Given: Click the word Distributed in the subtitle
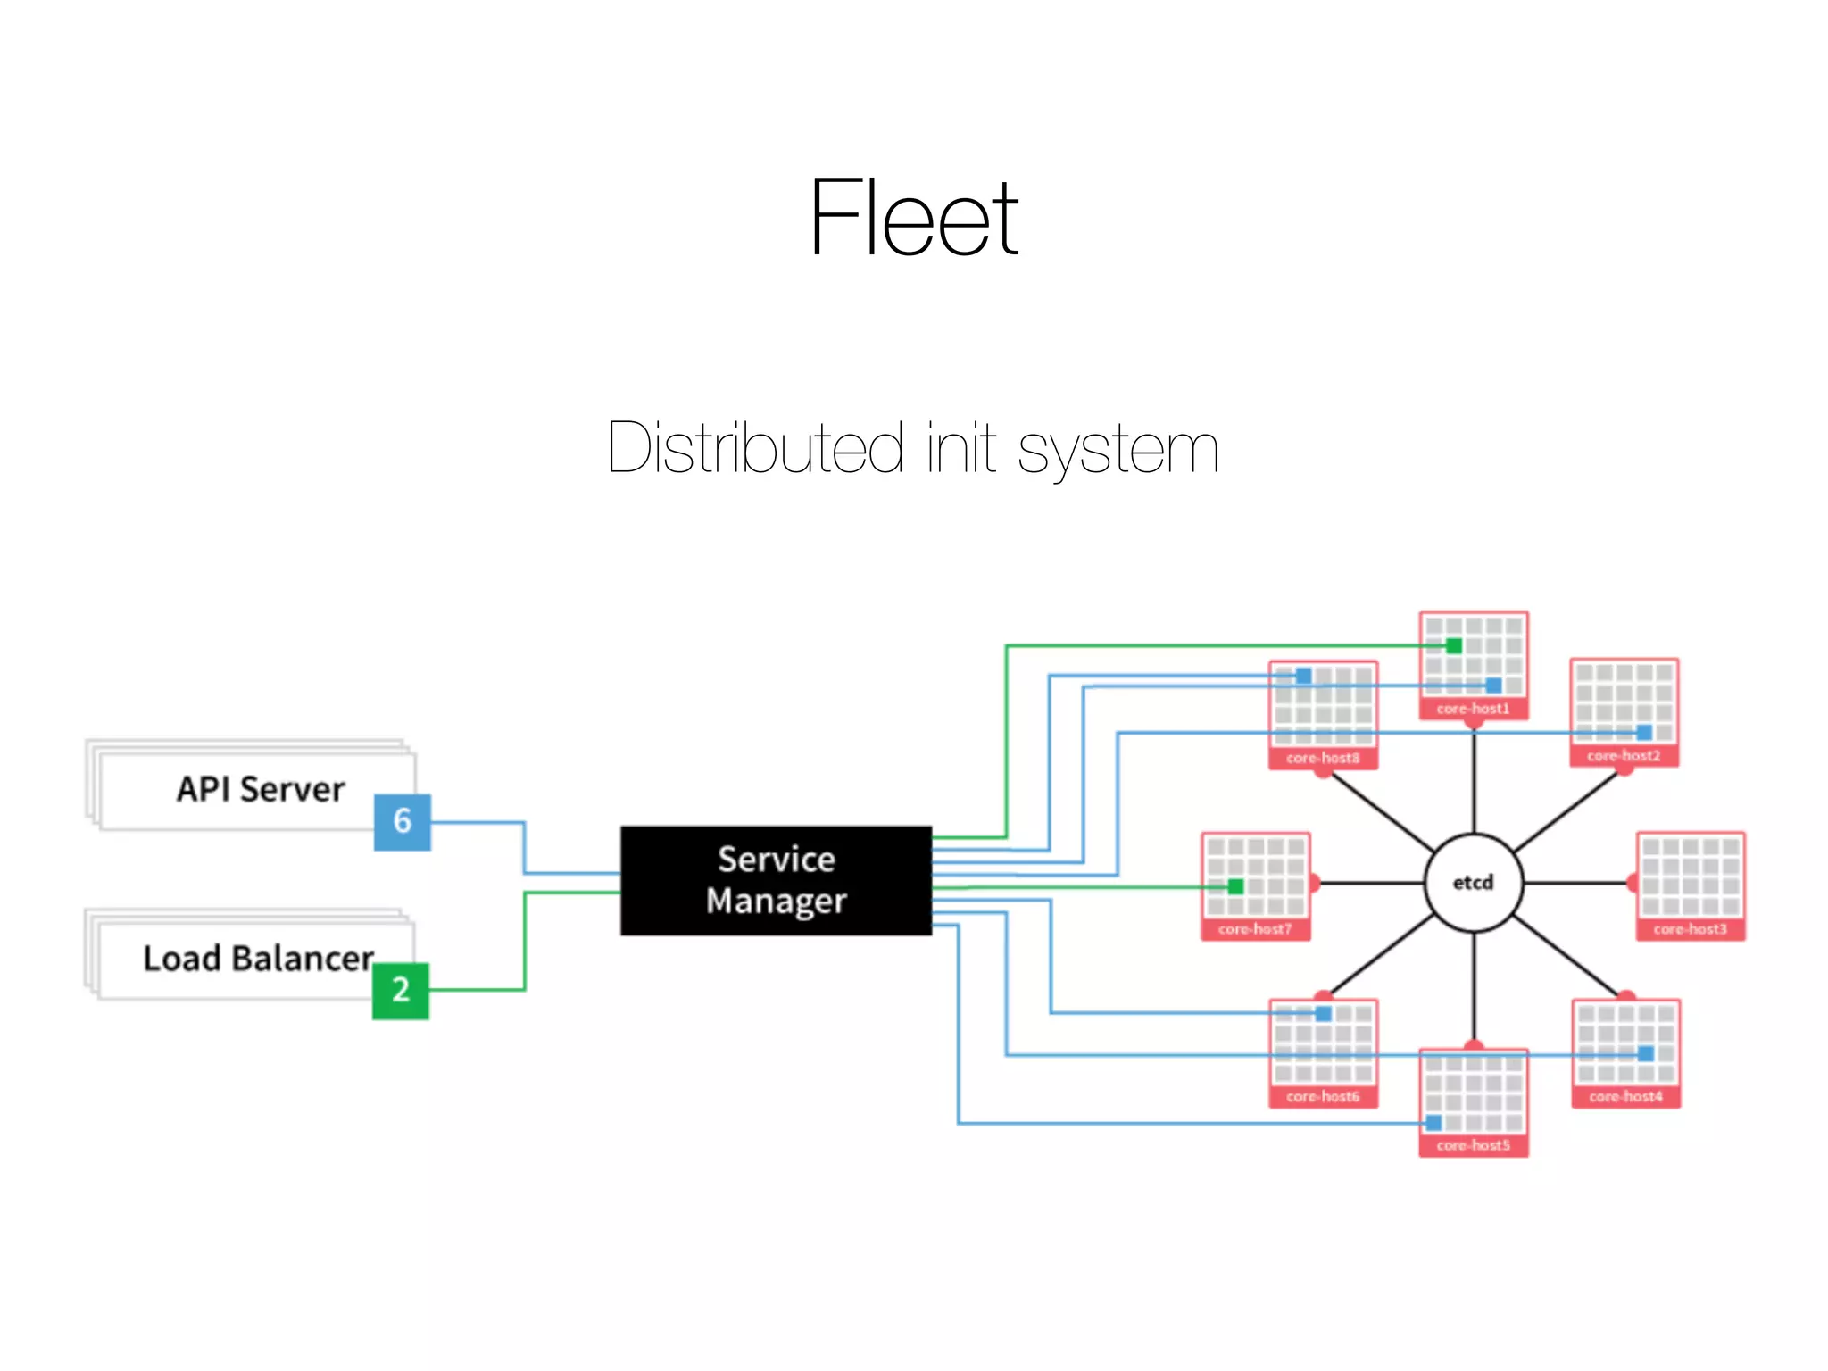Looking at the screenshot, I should click(x=755, y=447).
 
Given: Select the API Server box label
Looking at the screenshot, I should click(x=260, y=789).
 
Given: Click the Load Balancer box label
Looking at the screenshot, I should click(x=258, y=959).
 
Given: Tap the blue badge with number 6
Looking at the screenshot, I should click(x=403, y=821).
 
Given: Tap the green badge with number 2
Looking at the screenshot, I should click(x=401, y=990).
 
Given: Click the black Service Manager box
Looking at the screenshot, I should click(x=776, y=880).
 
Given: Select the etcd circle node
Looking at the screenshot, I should click(x=1473, y=883).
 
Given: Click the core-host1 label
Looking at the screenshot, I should click(x=1473, y=709).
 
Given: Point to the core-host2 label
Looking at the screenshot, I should click(x=1624, y=756).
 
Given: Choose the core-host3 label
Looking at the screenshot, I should click(x=1690, y=929).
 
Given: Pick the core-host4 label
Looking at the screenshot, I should click(x=1625, y=1096).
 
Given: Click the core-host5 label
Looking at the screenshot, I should click(x=1473, y=1145).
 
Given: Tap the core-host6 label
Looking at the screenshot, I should click(x=1323, y=1096).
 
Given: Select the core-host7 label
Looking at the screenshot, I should click(x=1255, y=929).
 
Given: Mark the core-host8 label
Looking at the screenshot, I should click(x=1323, y=758).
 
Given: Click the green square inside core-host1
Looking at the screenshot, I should click(x=1454, y=645).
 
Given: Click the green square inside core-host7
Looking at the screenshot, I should click(x=1235, y=886).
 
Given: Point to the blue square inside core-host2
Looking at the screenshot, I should click(x=1644, y=733).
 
